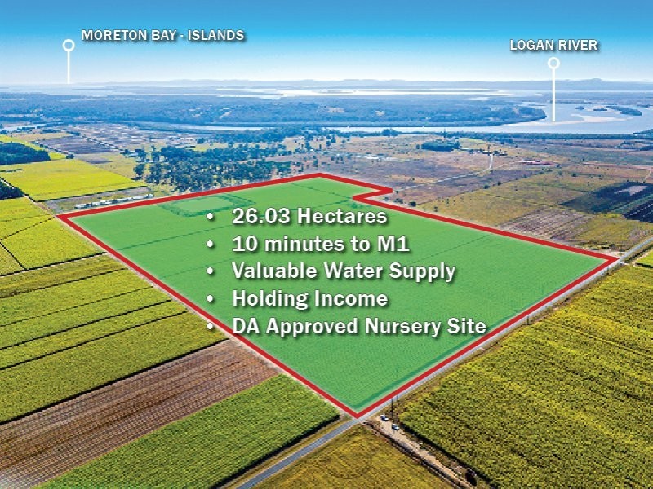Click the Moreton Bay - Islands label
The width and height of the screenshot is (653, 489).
[x=163, y=36]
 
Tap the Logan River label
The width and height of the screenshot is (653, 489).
[x=553, y=46]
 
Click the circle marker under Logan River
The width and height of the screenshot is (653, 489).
[x=553, y=63]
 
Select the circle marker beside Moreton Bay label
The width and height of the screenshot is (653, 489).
[x=69, y=46]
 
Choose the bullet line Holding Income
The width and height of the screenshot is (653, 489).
[x=309, y=299]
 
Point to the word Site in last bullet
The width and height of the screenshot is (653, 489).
[x=469, y=327]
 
